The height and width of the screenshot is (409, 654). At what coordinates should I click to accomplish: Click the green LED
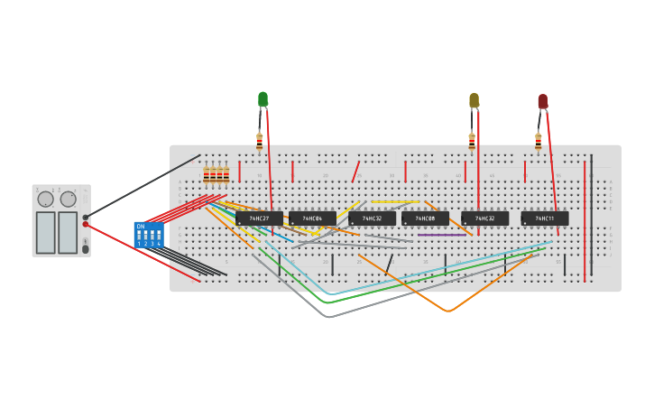point(263,98)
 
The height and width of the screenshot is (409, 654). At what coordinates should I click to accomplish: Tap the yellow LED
point(474,99)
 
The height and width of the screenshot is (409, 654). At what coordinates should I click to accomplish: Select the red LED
point(542,100)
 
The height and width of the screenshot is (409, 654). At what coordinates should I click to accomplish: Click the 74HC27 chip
point(259,218)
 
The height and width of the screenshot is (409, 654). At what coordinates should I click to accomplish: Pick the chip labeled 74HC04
point(312,218)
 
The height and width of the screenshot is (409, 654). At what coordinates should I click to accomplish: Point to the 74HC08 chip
point(425,218)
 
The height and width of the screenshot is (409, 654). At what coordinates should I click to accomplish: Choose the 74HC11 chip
point(545,218)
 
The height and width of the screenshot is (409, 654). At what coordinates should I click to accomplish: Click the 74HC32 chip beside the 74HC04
point(372,218)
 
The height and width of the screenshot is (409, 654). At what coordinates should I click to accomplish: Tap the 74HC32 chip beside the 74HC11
point(484,218)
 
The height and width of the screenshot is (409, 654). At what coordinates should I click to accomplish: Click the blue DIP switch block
point(149,235)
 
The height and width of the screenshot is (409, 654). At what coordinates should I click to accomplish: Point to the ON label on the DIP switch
point(141,226)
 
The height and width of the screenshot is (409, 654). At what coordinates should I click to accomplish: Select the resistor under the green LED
point(260,141)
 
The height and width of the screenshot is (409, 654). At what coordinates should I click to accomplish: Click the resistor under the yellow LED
point(472,141)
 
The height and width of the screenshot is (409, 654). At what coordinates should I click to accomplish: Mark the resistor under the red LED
point(539,141)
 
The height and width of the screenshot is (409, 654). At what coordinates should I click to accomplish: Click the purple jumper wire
point(442,236)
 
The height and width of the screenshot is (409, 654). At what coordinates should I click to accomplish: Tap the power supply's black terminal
point(86,217)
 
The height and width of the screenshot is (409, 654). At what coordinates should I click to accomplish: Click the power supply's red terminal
point(86,224)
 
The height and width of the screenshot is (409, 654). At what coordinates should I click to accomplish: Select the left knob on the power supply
point(45,199)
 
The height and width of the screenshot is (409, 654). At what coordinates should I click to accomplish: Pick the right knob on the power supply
point(68,199)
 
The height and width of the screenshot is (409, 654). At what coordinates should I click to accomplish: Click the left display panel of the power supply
point(45,232)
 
